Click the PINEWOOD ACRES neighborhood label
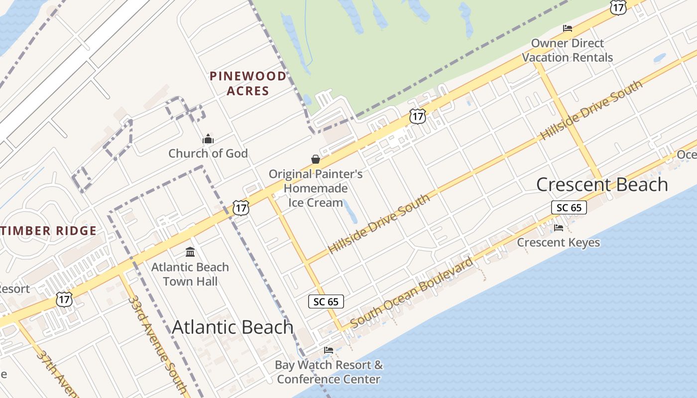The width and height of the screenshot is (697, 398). coord(248,84)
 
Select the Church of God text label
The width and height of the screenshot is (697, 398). coord(208,153)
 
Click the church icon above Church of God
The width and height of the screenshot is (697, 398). coord(208,139)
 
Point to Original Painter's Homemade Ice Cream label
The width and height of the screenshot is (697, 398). coord(316,188)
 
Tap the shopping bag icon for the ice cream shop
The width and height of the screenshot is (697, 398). coord(316,159)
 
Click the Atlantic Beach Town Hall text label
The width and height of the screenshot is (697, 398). coord(190,274)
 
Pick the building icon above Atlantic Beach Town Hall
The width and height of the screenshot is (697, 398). coord(190,252)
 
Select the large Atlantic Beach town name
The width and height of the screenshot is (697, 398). coord(232,327)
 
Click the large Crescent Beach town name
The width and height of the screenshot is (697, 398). coord(601,185)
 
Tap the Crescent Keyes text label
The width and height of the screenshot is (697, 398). coord(558,242)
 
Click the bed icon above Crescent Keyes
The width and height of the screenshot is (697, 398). coord(559,228)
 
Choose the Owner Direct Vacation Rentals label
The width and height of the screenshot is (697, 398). coord(568,50)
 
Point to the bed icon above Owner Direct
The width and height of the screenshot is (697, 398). coord(567,28)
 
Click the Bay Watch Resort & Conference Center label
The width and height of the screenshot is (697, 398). coord(329,372)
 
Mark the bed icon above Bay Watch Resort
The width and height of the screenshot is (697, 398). coord(329,350)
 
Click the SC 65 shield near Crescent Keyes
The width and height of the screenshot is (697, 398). coord(569,207)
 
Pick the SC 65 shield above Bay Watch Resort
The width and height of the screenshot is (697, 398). coord(326,301)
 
